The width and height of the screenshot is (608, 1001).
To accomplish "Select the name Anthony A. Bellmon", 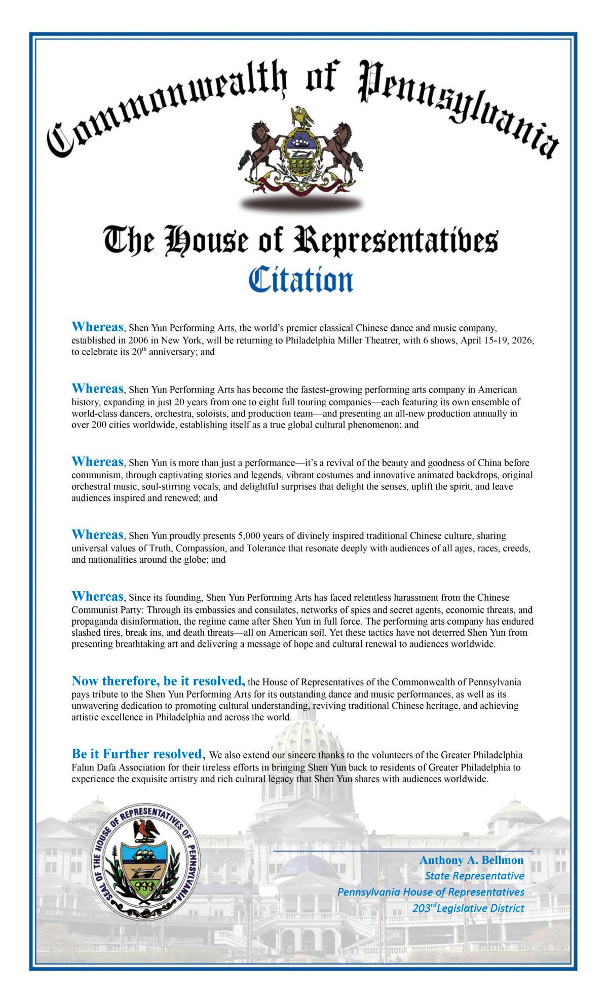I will tap(471, 860).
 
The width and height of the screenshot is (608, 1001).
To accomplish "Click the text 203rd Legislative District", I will tap(468, 908).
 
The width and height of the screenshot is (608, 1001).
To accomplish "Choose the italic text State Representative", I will tap(474, 876).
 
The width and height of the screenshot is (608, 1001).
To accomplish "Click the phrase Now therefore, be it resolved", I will tap(159, 681).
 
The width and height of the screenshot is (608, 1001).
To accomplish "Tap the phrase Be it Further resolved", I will tap(137, 754).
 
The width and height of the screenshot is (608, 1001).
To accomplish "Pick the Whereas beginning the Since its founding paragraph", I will tap(98, 596).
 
